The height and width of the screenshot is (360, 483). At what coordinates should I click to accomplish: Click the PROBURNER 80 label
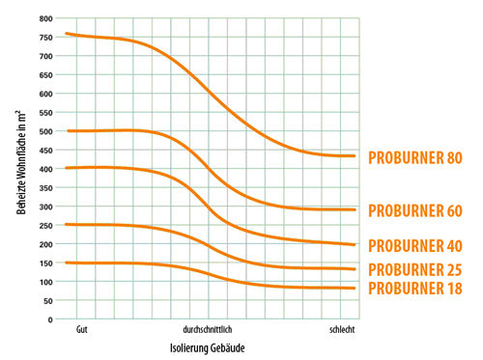tap(415, 157)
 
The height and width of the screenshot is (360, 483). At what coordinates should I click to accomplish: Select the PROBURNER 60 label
tap(415, 210)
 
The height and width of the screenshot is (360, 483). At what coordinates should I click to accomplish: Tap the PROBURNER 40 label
tap(415, 246)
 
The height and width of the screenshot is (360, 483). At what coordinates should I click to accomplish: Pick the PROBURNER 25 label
tap(415, 269)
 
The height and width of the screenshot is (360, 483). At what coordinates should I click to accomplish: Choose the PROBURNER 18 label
tap(415, 289)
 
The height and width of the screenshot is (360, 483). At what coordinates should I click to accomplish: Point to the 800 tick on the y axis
tap(45, 18)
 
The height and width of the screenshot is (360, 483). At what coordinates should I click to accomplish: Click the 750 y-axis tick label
tap(45, 38)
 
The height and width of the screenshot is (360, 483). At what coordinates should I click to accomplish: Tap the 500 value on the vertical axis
tap(45, 131)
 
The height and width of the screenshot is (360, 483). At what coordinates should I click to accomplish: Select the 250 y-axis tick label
tap(45, 226)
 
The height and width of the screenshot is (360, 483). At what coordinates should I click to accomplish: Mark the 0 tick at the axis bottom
tap(50, 319)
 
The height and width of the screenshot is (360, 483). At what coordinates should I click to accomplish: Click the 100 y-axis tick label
tap(45, 282)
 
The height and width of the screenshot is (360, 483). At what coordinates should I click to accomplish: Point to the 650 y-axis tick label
tap(45, 75)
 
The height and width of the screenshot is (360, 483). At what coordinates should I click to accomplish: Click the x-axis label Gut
tap(82, 330)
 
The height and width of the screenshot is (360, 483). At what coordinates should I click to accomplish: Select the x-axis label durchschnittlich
tap(208, 330)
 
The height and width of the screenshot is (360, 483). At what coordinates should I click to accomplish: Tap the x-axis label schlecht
tap(342, 330)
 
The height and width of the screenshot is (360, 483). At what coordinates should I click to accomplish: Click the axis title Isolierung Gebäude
tap(208, 348)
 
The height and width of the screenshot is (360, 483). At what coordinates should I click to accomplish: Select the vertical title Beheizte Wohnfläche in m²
tap(21, 162)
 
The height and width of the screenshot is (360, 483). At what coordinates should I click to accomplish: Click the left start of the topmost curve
tap(67, 33)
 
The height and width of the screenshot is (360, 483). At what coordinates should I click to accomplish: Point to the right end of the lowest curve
tap(355, 289)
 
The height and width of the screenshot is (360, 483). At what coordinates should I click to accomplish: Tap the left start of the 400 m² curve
tap(67, 168)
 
